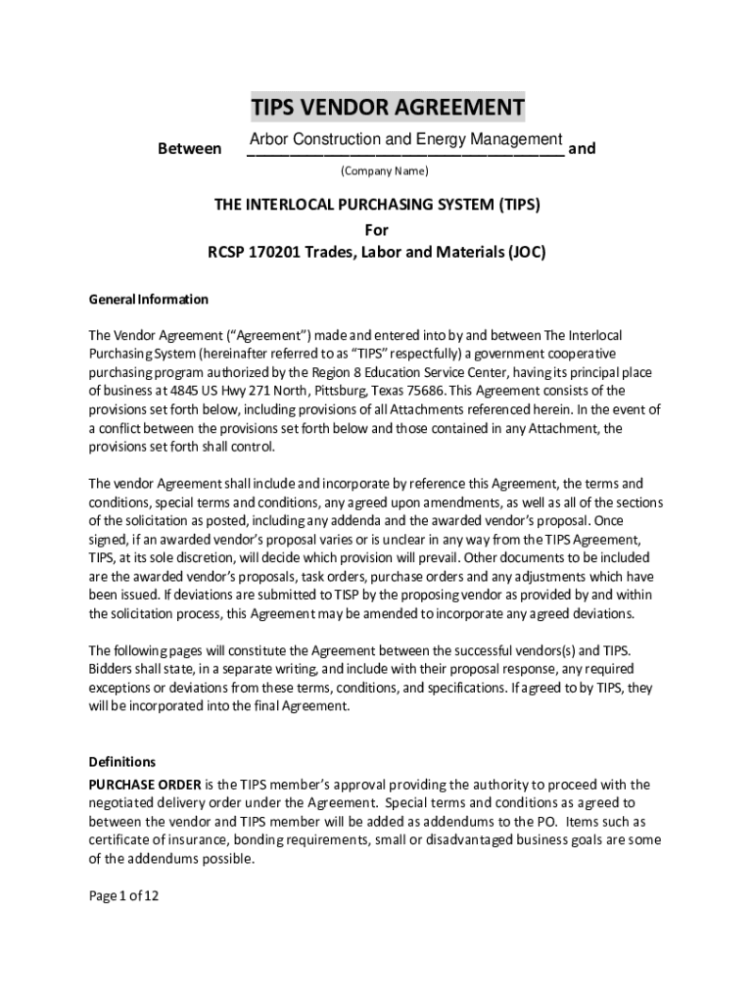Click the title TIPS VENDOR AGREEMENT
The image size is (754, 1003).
pos(387,106)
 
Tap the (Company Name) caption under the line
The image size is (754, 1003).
pos(384,171)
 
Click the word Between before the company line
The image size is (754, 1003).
pos(189,149)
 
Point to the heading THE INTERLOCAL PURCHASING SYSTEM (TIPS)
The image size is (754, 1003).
pos(377,206)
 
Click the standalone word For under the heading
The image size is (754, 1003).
pos(377,229)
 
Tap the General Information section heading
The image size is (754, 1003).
pos(149,299)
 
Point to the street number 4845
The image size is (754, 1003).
pos(174,392)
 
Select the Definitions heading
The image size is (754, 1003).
pos(122,761)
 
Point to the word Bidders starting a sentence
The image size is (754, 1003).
pos(112,670)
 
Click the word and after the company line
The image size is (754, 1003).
pos(582,149)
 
